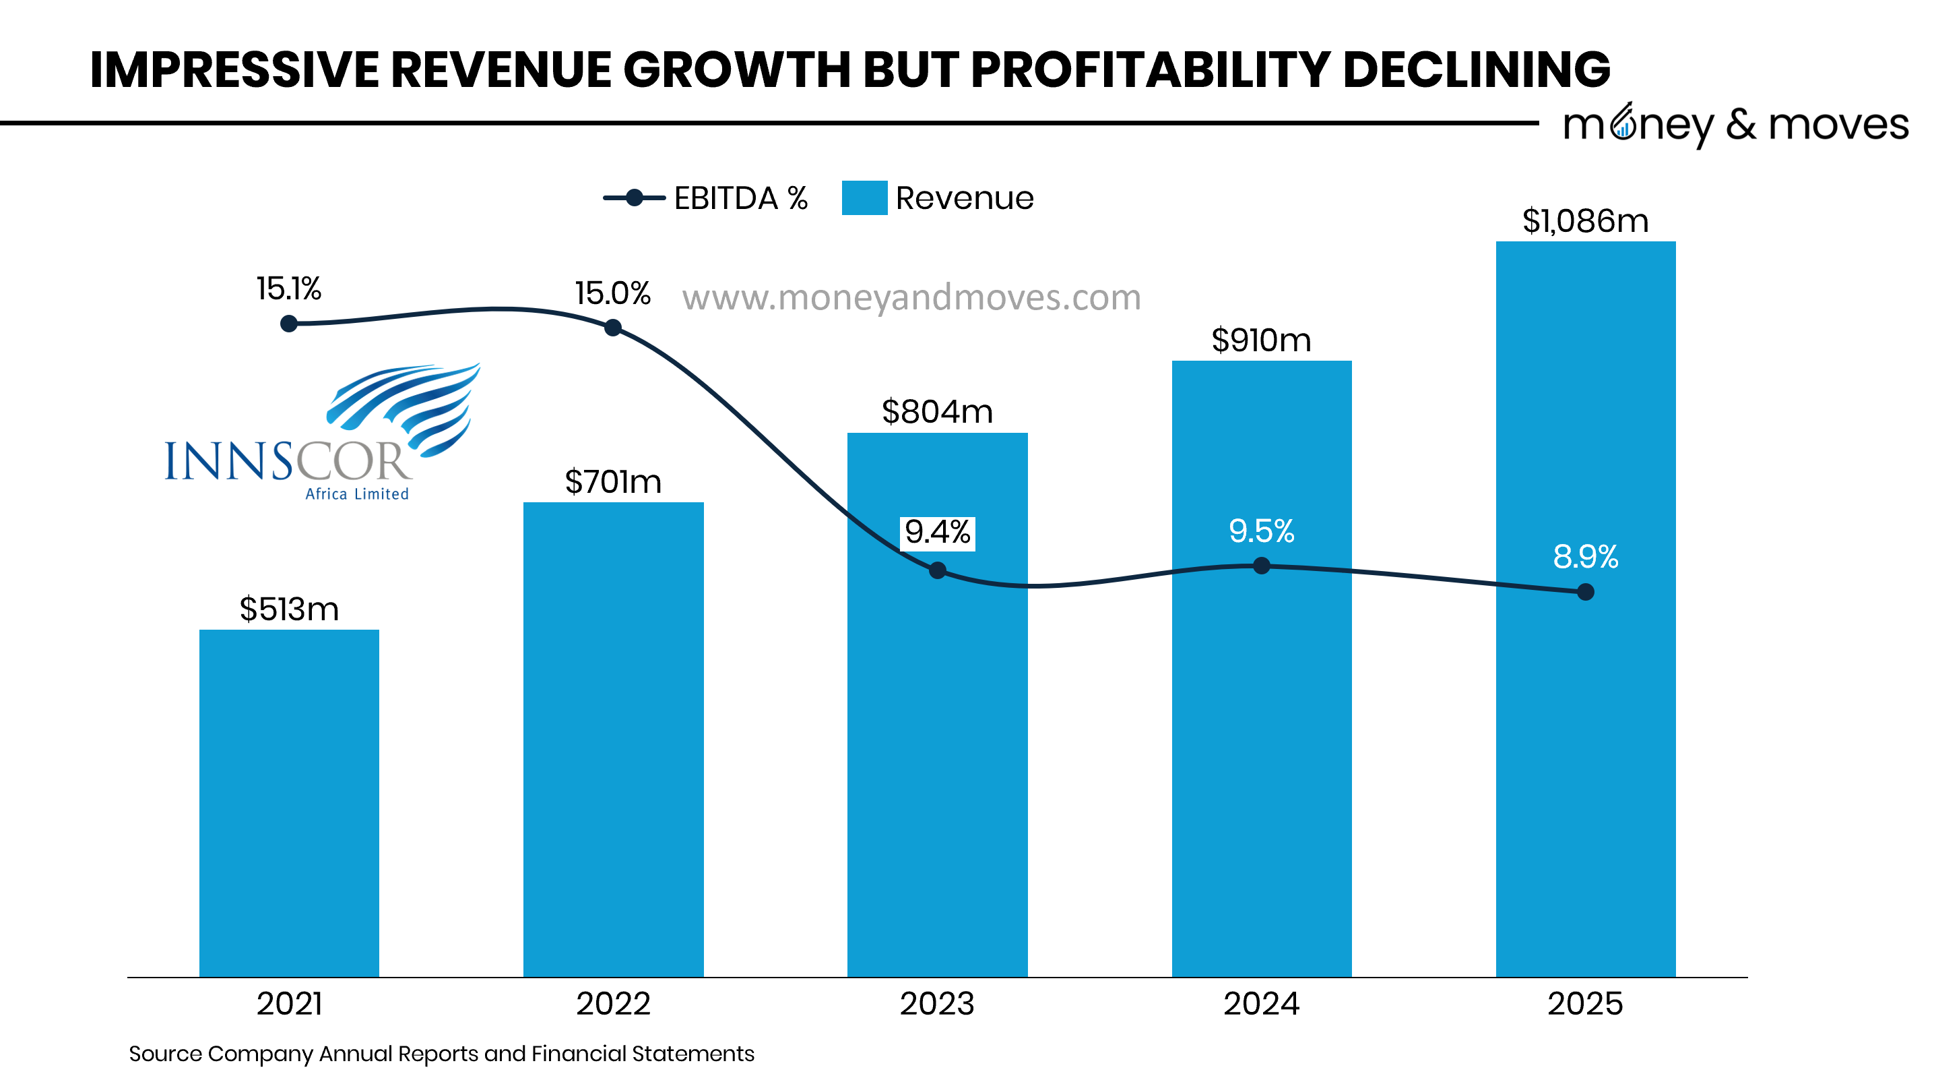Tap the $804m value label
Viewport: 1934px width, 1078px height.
(x=937, y=412)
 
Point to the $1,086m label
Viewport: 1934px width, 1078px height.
(x=1585, y=221)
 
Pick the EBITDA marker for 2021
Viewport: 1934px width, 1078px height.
(x=289, y=324)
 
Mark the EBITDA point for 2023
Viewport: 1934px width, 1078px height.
(x=937, y=570)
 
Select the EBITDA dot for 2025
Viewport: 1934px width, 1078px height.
(x=1585, y=592)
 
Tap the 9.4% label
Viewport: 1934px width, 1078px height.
(x=937, y=533)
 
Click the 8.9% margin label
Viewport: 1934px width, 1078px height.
(x=1585, y=557)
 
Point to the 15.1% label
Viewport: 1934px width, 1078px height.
(x=289, y=289)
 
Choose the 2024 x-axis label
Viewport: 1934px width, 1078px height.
(x=1261, y=1004)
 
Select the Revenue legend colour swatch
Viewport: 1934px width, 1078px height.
(x=864, y=198)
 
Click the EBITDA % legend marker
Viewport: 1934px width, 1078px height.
(x=635, y=198)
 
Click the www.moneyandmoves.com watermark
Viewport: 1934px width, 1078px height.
(x=911, y=297)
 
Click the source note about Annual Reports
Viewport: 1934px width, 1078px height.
(x=441, y=1053)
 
